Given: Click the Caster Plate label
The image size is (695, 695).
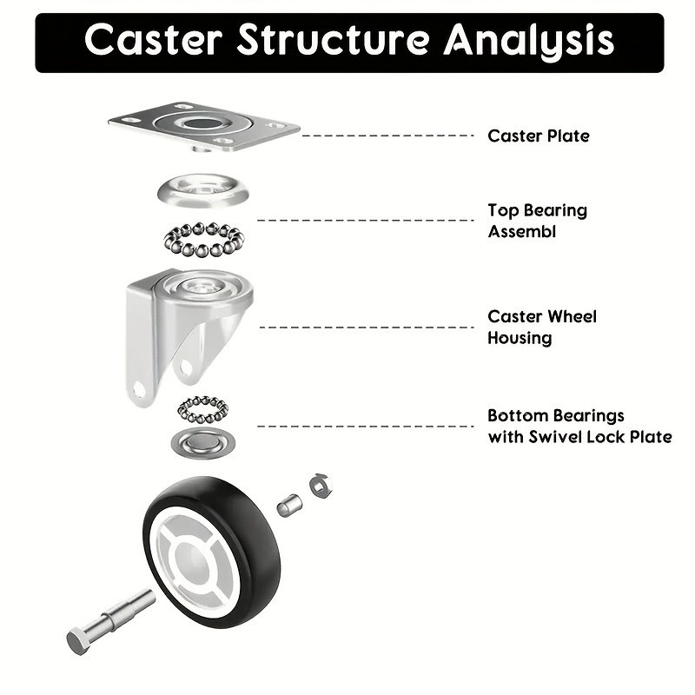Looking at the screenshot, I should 538,136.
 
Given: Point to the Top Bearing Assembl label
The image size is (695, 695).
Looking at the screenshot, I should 537,221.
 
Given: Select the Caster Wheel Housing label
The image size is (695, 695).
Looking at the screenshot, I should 541,327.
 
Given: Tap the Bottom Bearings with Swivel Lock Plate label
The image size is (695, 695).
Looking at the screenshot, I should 579,426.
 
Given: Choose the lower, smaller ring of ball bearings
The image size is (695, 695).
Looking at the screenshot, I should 202,408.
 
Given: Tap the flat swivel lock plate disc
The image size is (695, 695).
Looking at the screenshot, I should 203,444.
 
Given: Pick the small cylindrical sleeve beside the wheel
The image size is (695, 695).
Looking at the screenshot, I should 289,504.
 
